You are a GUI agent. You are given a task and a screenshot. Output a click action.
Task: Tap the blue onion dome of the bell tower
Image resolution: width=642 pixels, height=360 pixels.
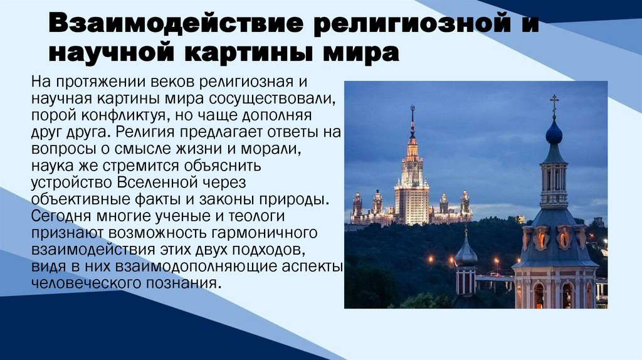coord(554,133)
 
